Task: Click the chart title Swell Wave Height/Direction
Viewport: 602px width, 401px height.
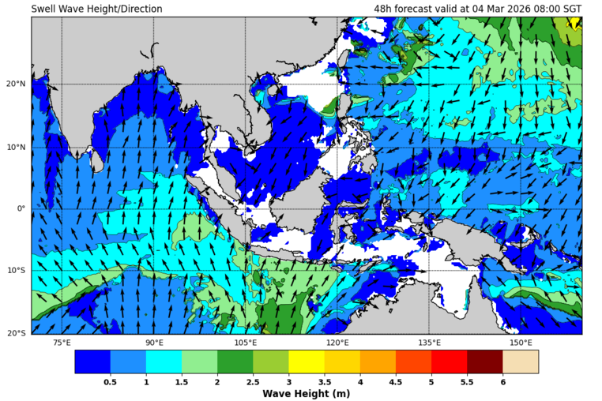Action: click(96, 9)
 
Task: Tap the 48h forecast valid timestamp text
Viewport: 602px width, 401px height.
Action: click(478, 9)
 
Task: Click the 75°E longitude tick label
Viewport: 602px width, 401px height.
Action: click(62, 343)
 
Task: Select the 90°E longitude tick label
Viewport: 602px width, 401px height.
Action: click(154, 343)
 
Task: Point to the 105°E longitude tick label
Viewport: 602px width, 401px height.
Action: click(246, 343)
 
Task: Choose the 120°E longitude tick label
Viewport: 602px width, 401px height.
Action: click(337, 343)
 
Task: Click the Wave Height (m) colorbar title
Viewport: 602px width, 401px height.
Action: click(306, 394)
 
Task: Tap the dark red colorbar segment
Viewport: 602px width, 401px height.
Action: click(484, 362)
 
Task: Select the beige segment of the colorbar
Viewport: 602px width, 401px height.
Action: click(520, 362)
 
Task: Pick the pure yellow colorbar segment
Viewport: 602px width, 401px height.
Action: click(306, 362)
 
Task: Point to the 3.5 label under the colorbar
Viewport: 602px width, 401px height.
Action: click(324, 381)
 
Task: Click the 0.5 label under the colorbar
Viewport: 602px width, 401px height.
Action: click(110, 381)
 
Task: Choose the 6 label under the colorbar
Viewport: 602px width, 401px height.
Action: click(502, 381)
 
